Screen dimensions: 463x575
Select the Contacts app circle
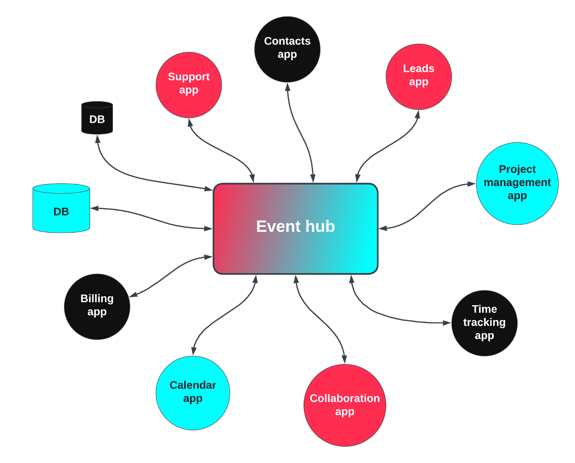[x=287, y=48]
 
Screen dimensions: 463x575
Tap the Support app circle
[x=189, y=84]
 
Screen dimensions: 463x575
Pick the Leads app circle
[x=418, y=76]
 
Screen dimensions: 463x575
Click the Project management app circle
[x=517, y=183]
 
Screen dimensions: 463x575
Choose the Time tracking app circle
[x=484, y=323]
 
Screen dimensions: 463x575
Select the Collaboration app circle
[x=345, y=405]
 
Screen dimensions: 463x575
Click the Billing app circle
[x=97, y=306]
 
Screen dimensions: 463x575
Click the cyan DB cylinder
[x=61, y=208]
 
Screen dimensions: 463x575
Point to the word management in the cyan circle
[x=517, y=183]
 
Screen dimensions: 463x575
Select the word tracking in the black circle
[x=484, y=322]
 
